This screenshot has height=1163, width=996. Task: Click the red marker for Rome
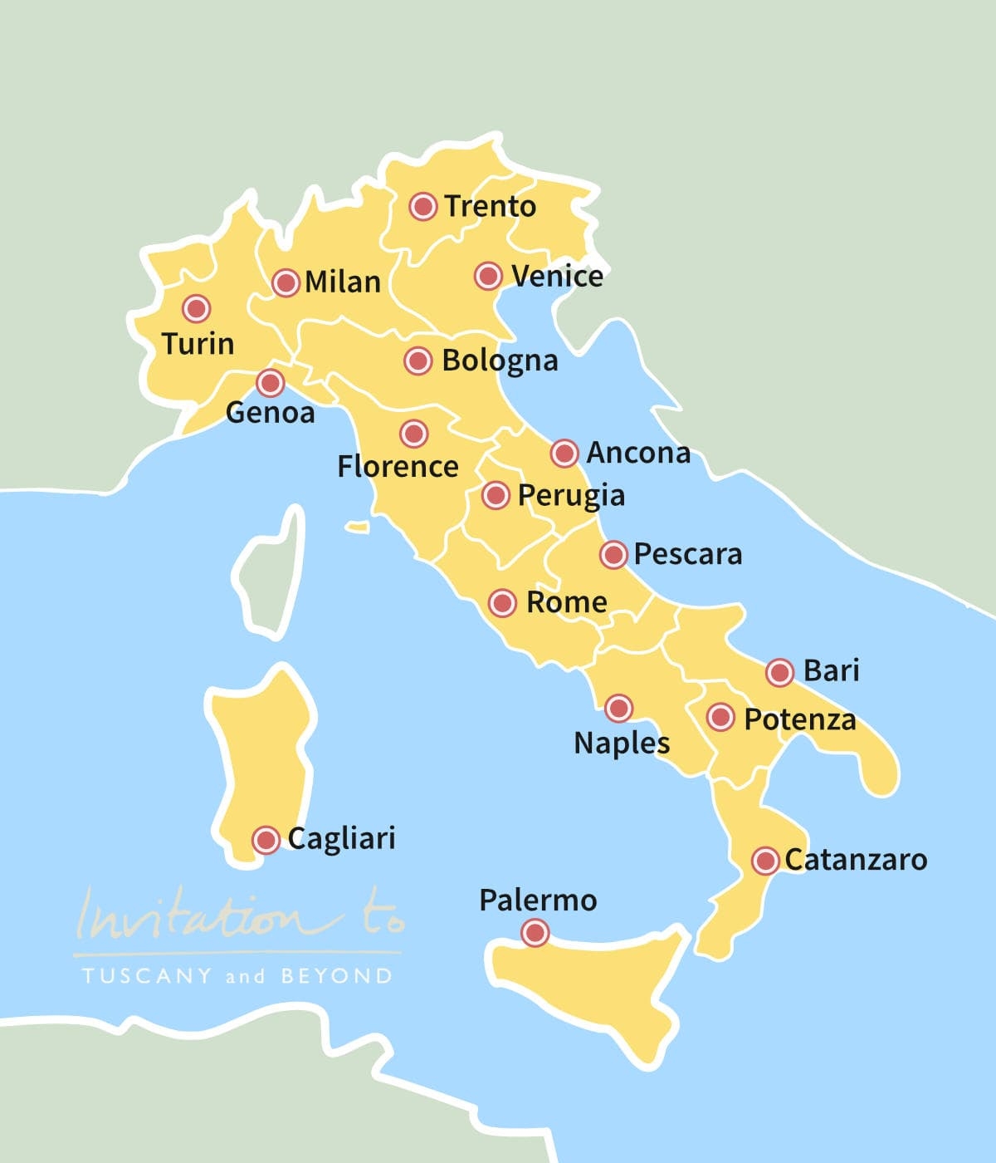(x=502, y=602)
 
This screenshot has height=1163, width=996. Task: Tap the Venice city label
(x=557, y=276)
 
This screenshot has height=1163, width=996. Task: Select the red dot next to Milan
(x=286, y=282)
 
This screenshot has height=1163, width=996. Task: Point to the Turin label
(x=198, y=343)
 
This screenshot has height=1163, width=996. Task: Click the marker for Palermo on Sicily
(x=535, y=933)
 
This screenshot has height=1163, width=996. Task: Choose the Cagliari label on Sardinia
(x=341, y=839)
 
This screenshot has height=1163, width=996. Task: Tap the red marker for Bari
(x=779, y=672)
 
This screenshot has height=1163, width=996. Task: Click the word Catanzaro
(x=856, y=860)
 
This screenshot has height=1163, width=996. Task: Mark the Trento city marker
(x=423, y=206)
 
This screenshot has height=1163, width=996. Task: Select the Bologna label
(x=500, y=361)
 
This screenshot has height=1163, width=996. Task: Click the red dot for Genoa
(x=270, y=383)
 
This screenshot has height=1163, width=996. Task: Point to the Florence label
(x=398, y=466)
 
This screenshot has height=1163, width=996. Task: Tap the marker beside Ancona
(x=564, y=454)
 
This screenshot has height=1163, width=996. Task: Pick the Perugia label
(x=571, y=496)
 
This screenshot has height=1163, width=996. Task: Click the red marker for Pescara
(x=613, y=554)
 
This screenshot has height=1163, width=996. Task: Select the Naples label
(x=622, y=743)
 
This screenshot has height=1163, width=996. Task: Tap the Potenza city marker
(x=720, y=717)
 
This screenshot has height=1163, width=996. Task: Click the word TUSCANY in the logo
(x=147, y=975)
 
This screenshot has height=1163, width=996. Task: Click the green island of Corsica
(x=270, y=573)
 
